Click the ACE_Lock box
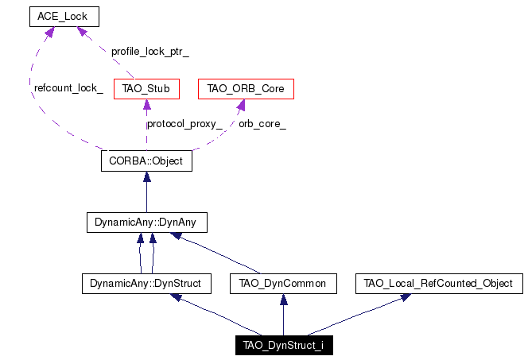(64, 17)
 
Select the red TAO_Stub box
(146, 89)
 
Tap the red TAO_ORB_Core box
(246, 89)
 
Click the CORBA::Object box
(146, 161)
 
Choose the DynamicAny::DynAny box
(147, 222)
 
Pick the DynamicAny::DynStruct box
(146, 283)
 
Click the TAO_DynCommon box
(283, 283)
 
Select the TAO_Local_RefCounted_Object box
(439, 283)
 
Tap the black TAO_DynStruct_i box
(284, 345)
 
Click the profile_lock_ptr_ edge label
(150, 52)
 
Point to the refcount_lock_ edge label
(68, 88)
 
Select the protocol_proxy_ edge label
(184, 124)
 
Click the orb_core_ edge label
(262, 124)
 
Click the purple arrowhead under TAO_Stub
(147, 104)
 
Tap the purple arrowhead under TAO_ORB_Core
(241, 105)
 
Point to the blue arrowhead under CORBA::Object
(147, 176)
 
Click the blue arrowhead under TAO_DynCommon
(284, 300)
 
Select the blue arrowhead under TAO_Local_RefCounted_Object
(406, 297)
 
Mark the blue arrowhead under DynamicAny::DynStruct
(176, 297)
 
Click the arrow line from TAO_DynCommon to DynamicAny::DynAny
(215, 253)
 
